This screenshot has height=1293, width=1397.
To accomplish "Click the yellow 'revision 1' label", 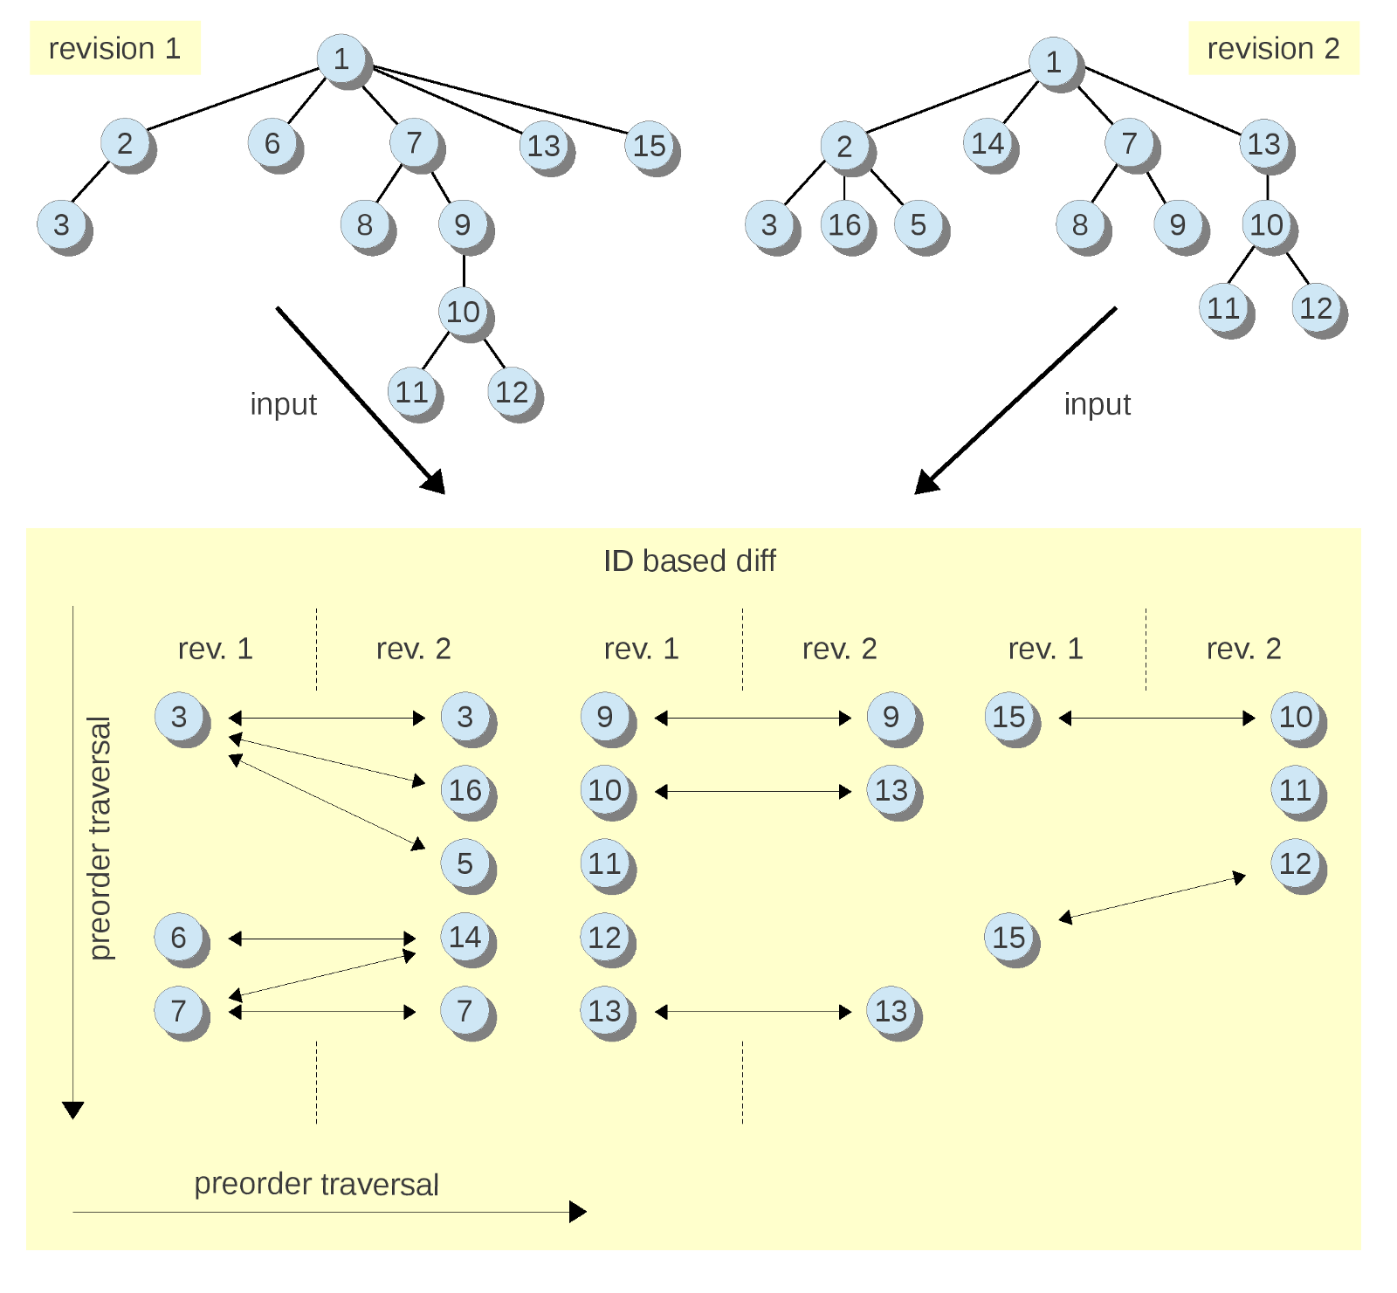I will [x=114, y=48].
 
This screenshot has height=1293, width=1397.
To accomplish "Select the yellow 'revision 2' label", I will [x=1273, y=48].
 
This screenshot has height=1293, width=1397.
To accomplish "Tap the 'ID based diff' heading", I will [x=689, y=561].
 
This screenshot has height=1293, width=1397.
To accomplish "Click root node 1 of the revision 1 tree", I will [x=341, y=59].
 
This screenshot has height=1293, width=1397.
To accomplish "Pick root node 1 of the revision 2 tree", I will [x=1054, y=61].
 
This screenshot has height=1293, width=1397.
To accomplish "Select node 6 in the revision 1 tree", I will [x=272, y=143].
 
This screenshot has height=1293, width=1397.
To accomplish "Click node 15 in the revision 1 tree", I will [x=650, y=146].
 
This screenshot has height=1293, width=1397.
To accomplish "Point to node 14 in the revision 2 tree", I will [x=988, y=143].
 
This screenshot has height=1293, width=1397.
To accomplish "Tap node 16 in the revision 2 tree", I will [x=844, y=225].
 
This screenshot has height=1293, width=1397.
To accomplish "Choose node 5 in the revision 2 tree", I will [x=918, y=225].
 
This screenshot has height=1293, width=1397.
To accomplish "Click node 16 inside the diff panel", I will [x=465, y=790].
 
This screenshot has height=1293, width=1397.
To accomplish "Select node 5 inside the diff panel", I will [x=465, y=863].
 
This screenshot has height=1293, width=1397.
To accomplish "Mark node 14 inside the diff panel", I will [x=465, y=937].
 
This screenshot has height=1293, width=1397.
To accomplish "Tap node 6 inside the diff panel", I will [x=179, y=937].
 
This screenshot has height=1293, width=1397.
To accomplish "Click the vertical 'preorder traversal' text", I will [x=101, y=838].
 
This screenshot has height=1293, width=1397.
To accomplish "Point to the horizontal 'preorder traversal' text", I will [x=316, y=1184].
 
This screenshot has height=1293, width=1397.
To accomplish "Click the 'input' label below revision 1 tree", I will [x=283, y=404].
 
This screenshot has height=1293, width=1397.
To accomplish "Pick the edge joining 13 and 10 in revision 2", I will [x=1267, y=185].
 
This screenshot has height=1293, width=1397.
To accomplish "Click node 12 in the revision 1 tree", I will [x=513, y=392].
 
